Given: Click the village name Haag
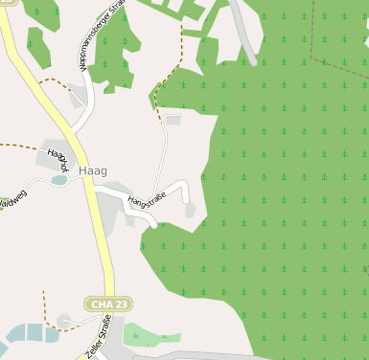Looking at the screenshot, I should click(93, 170).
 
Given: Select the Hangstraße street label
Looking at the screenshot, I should click(148, 197).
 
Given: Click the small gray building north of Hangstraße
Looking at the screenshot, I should click(173, 120).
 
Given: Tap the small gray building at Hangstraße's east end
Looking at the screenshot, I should click(190, 209).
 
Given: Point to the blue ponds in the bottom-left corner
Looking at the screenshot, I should click(24, 334).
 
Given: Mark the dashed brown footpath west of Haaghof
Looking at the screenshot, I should click(19, 146).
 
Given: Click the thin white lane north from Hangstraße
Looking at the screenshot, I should click(166, 153).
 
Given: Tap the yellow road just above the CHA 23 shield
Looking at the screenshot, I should click(104, 273).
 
